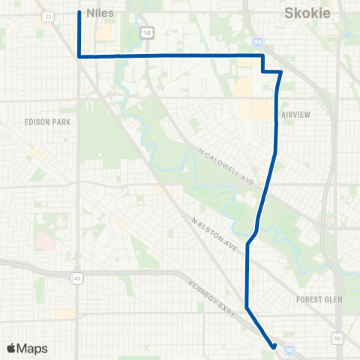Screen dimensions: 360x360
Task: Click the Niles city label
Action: click(x=100, y=12)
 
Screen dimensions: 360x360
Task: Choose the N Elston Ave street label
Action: click(x=214, y=234)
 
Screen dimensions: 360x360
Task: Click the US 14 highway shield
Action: click(x=147, y=31)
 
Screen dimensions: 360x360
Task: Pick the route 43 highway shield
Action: click(x=77, y=278)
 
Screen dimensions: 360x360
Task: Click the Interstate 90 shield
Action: click(x=289, y=347)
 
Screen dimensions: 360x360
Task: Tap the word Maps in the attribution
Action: click(x=31, y=348)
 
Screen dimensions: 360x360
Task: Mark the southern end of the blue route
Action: click(x=274, y=346)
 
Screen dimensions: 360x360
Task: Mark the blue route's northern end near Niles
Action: click(x=79, y=12)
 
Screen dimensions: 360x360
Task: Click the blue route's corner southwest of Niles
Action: click(x=79, y=56)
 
